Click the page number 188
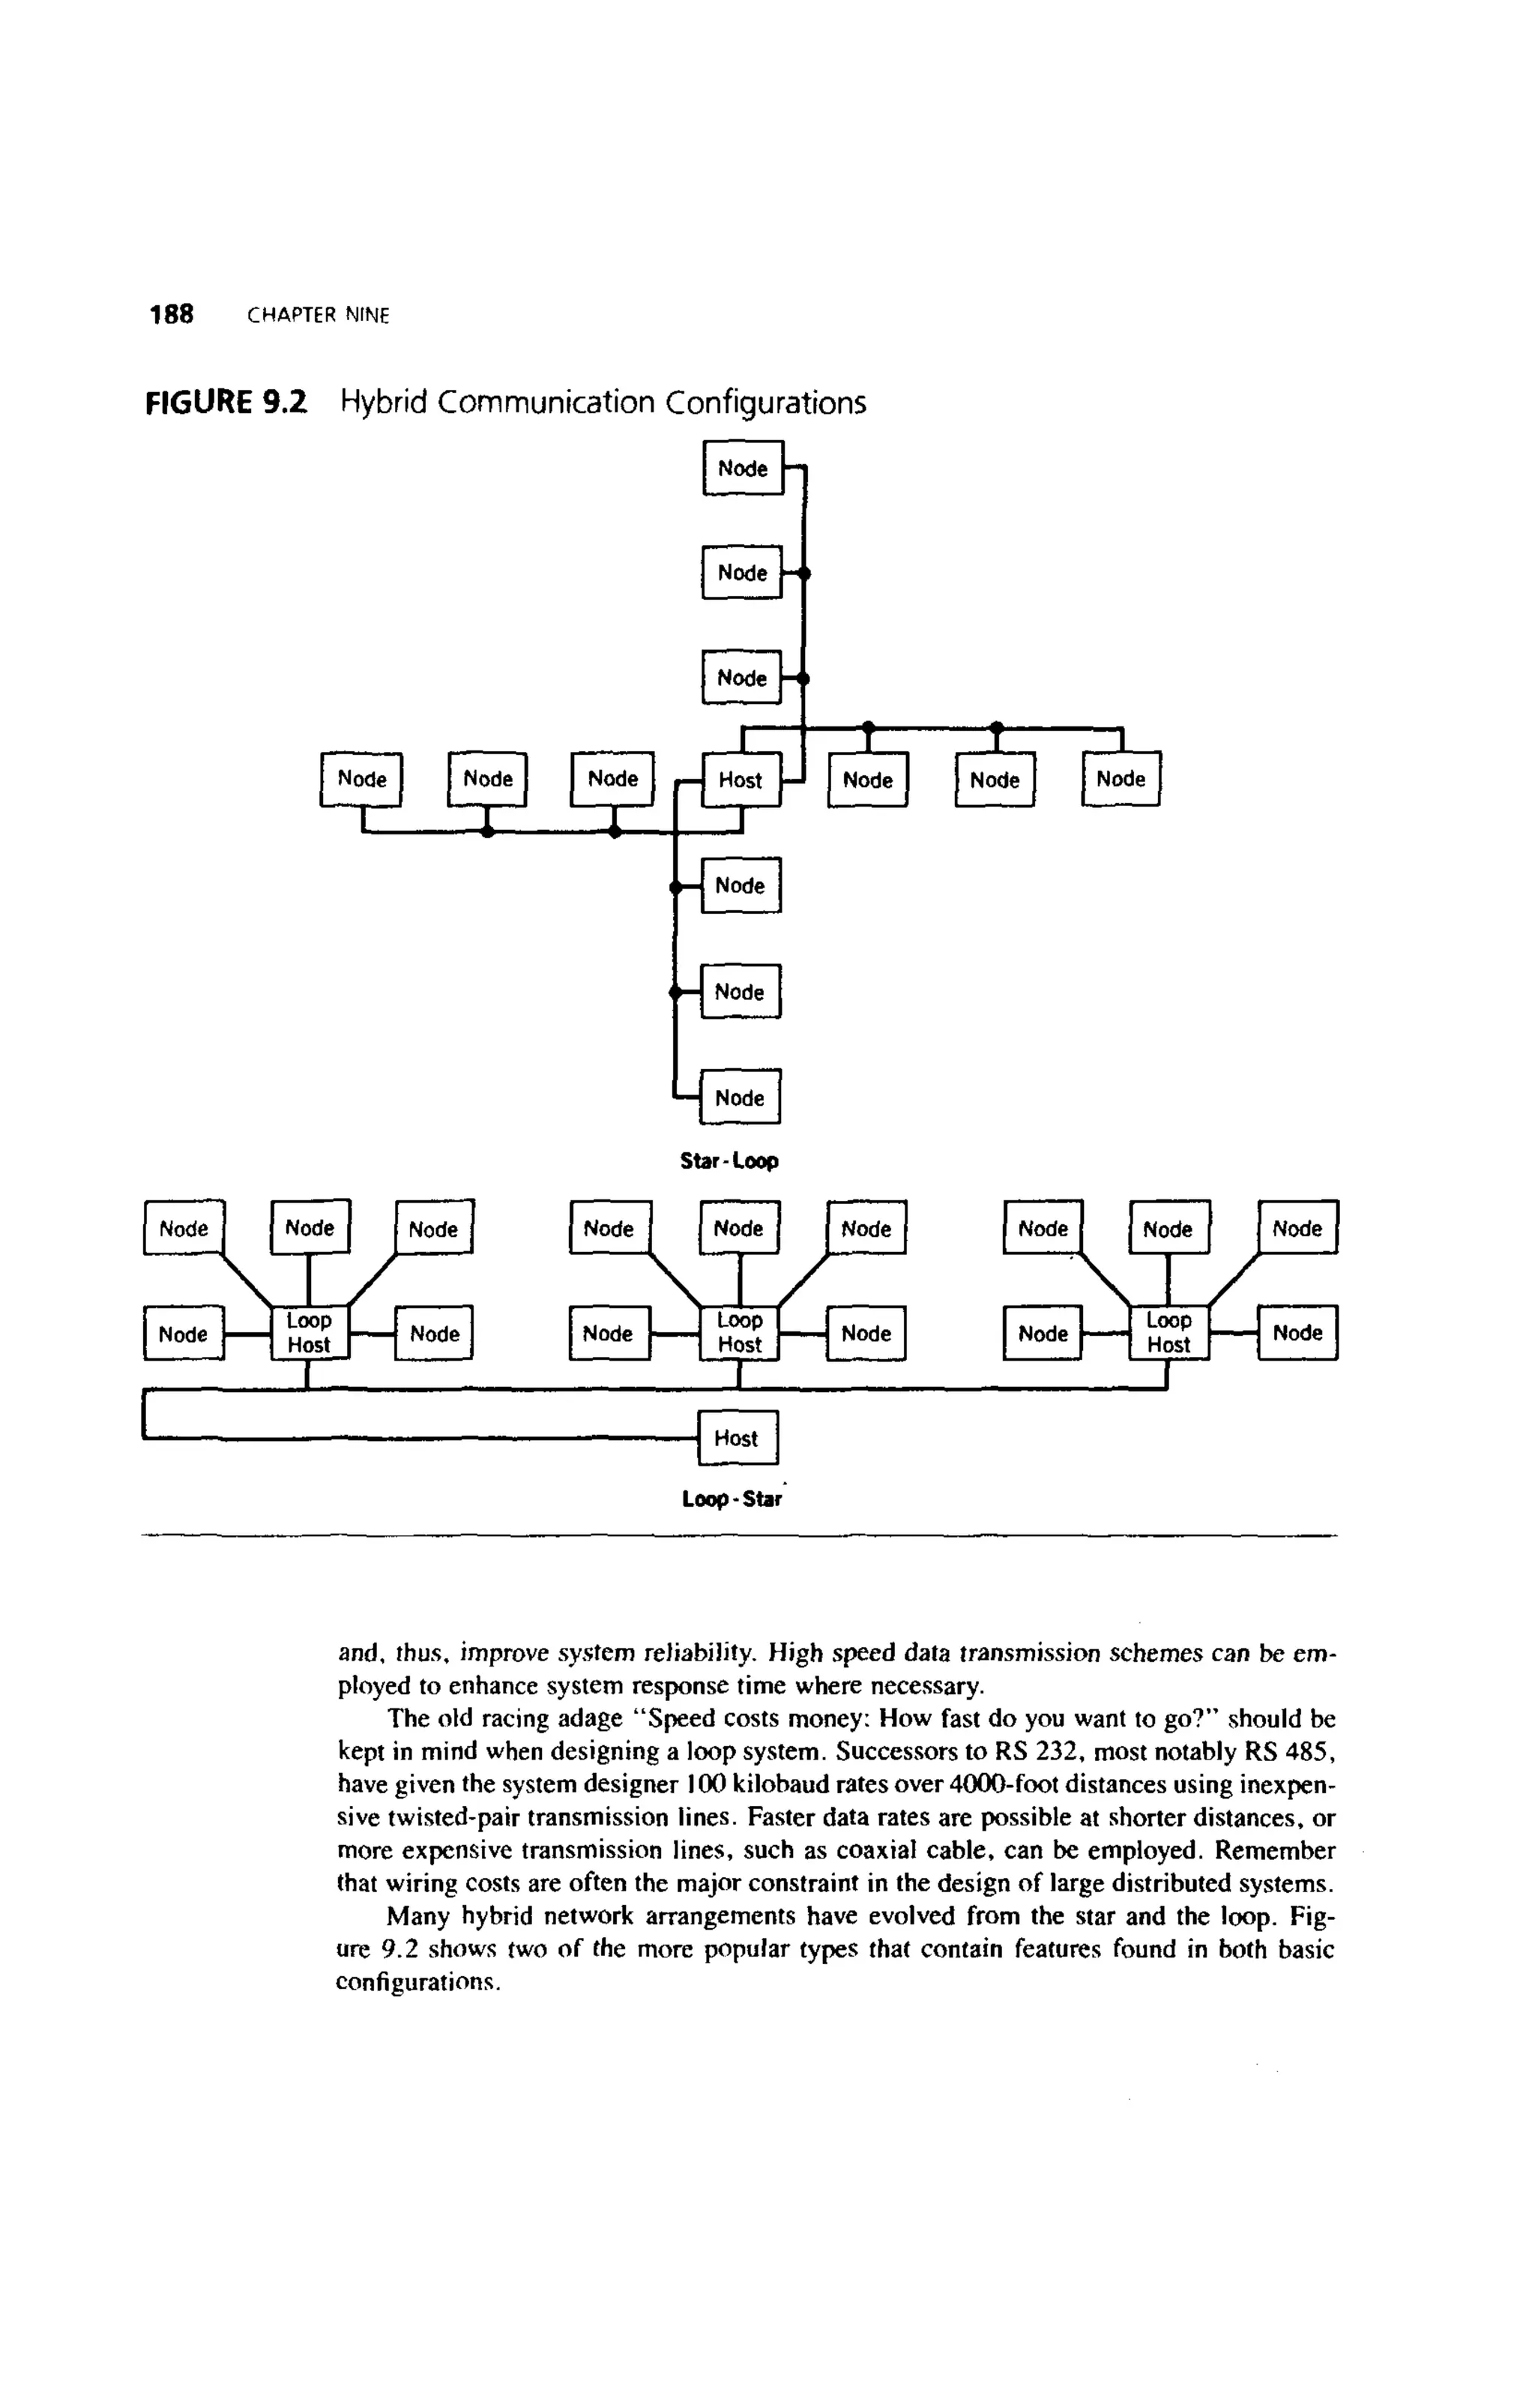pyautogui.click(x=172, y=315)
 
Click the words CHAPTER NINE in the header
pyautogui.click(x=318, y=316)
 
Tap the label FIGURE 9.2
pyautogui.click(x=226, y=403)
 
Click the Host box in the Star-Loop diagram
pyautogui.click(x=741, y=780)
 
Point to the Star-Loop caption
pyautogui.click(x=729, y=1161)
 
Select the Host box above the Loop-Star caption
pyautogui.click(x=737, y=1438)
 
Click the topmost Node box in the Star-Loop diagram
pyautogui.click(x=743, y=469)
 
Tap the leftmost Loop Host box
pyautogui.click(x=309, y=1332)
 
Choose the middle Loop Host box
pyautogui.click(x=740, y=1332)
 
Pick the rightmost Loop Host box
pyautogui.click(x=1168, y=1332)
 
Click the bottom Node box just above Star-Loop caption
pyautogui.click(x=740, y=1098)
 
